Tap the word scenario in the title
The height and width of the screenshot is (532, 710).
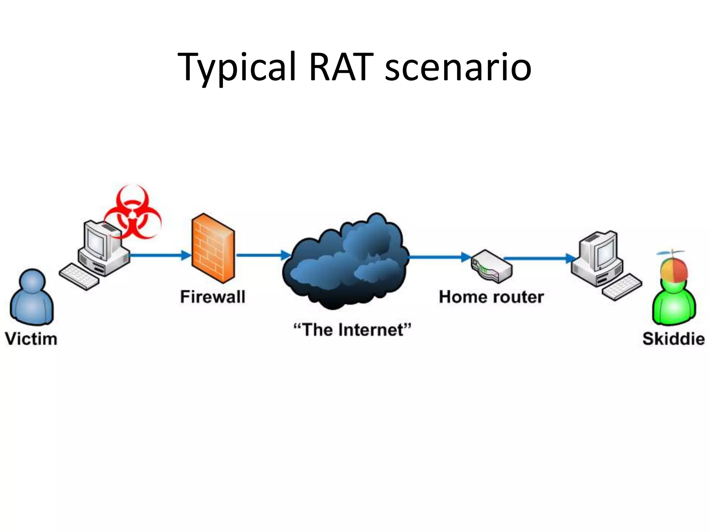458,67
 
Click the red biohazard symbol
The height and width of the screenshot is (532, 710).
132,213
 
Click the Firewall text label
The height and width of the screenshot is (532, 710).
213,297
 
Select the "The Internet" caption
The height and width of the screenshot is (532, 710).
352,330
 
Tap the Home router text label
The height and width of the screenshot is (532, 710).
491,297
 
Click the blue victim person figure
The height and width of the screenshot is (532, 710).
32,298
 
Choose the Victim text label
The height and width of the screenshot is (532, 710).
31,339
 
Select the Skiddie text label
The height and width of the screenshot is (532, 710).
673,339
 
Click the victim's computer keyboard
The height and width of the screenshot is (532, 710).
79,277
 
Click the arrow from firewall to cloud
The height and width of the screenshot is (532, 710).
263,255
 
